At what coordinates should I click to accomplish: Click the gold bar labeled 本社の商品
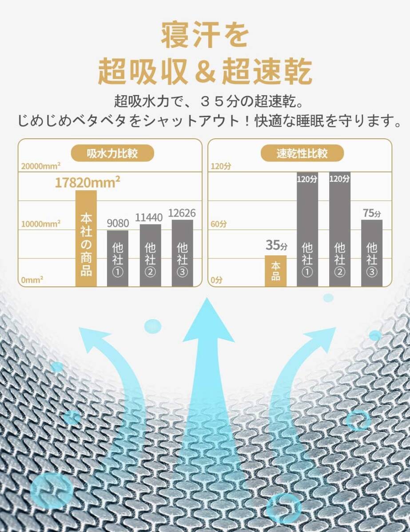click(x=86, y=239)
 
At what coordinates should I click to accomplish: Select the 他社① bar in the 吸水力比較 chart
click(x=118, y=258)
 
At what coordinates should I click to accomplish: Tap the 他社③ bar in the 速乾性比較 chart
click(x=371, y=253)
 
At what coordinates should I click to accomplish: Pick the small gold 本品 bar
click(x=275, y=271)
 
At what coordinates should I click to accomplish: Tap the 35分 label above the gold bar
click(x=276, y=245)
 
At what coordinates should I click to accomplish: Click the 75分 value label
click(x=372, y=213)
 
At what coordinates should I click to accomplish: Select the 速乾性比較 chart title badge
click(x=302, y=153)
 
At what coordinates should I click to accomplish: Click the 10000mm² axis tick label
click(x=41, y=223)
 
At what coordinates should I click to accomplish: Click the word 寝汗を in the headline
click(x=205, y=36)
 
